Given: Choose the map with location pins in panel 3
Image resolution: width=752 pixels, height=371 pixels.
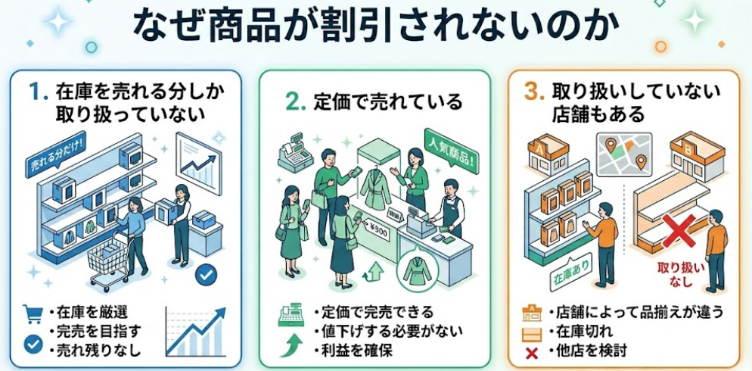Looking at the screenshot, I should click(624, 154).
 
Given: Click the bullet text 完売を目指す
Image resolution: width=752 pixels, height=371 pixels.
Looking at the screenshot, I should click(89, 331).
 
